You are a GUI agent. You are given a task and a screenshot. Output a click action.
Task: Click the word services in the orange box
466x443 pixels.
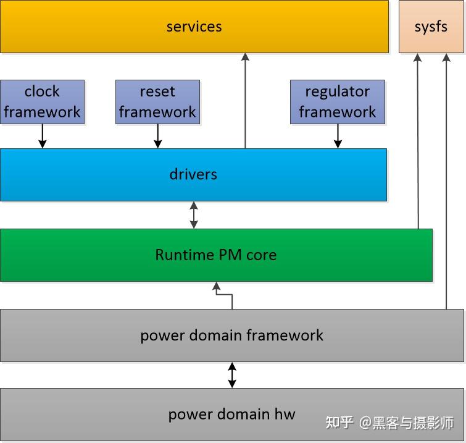coord(194,27)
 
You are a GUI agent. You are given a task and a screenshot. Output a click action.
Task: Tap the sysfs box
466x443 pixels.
coord(431,27)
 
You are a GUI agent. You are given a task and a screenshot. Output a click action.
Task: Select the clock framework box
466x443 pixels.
coord(43,102)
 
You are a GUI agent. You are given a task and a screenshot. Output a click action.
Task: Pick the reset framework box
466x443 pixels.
coord(157,102)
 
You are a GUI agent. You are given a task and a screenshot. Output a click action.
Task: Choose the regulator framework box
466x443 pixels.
coord(337,102)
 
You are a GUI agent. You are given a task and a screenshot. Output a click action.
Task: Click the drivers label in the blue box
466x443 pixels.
coord(193,174)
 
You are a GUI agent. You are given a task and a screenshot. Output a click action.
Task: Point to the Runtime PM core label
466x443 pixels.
coord(215,255)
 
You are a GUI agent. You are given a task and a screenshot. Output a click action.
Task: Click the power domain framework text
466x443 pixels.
coord(231,335)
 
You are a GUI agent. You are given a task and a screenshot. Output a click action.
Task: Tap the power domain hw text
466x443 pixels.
coord(231,414)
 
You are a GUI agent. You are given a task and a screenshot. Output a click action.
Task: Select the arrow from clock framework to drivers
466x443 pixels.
coord(43,136)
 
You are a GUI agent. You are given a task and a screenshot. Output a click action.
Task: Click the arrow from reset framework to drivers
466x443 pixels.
coord(157,136)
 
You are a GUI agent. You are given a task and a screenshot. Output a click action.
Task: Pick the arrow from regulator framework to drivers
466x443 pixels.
coord(338,136)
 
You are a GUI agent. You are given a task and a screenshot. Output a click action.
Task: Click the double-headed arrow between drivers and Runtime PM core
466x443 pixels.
coord(194,215)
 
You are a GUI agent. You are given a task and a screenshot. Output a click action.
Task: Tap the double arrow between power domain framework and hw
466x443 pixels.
coord(232,375)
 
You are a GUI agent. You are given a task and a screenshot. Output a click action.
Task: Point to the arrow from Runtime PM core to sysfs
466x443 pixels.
coord(418,142)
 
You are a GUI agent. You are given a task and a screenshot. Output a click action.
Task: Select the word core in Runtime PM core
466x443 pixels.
coord(261,255)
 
